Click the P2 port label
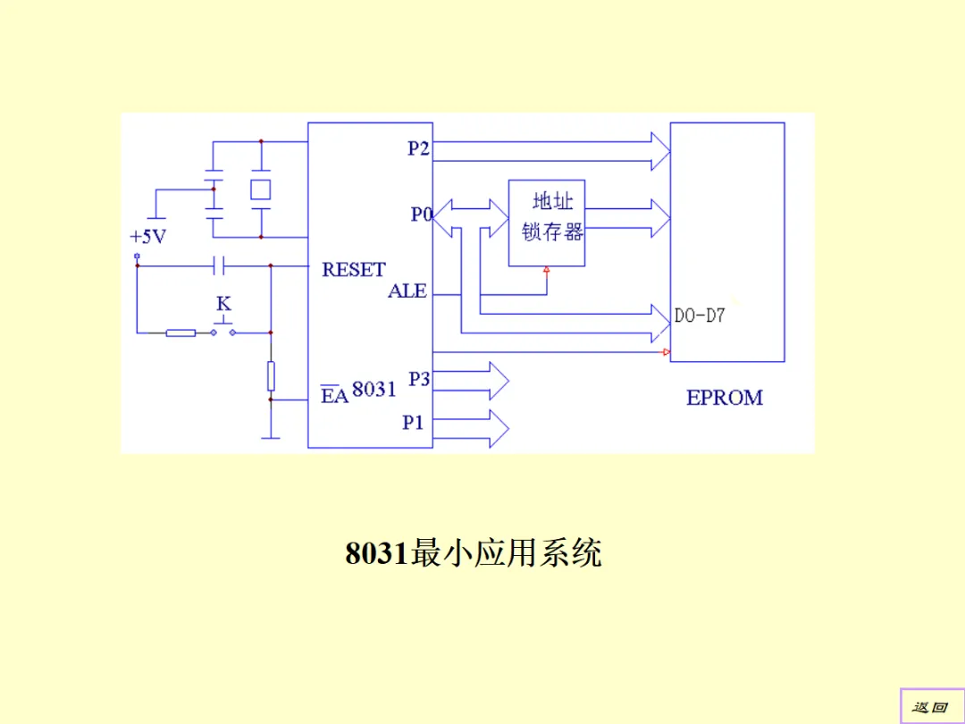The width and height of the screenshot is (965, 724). point(418,148)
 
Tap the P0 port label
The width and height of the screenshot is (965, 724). point(422,215)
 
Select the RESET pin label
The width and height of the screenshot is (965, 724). point(354,269)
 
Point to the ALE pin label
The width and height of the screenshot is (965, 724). point(407,291)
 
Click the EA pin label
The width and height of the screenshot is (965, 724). point(334,395)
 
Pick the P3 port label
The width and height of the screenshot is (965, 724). point(419,379)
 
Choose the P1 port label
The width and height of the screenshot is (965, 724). point(413,422)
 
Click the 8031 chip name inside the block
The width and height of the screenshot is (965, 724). point(374,389)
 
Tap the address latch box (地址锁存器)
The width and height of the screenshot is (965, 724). point(547,223)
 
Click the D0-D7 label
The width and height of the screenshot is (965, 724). point(699,316)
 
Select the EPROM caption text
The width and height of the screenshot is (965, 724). point(725,398)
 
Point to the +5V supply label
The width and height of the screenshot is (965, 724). point(148,237)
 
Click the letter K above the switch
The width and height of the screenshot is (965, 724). point(223,305)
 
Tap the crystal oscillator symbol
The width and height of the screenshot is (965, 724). point(260,189)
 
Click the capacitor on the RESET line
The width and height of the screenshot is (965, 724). point(219,265)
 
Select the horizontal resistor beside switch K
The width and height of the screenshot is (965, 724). point(180,333)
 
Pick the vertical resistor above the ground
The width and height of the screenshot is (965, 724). point(271,376)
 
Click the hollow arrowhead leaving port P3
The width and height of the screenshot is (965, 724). point(497,381)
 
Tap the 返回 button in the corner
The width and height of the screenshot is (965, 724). point(929,707)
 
